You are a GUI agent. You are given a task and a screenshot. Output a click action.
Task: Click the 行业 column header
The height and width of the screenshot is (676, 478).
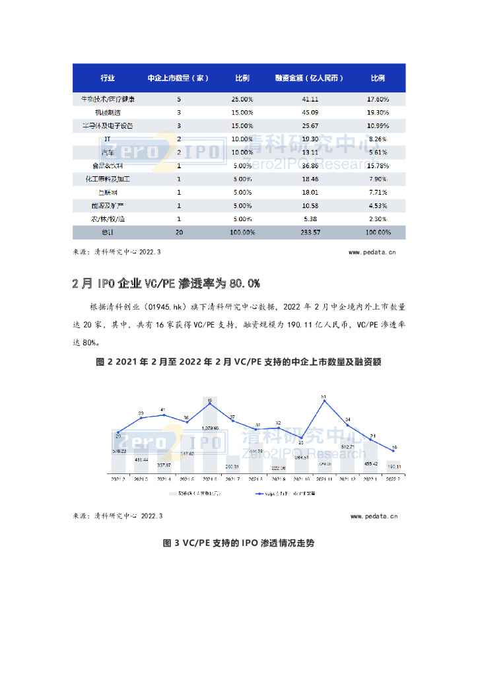click(108, 79)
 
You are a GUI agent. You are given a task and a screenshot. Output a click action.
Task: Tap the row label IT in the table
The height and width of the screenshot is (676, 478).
click(108, 139)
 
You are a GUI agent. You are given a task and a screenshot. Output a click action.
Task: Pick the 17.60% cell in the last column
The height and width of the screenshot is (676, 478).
click(377, 100)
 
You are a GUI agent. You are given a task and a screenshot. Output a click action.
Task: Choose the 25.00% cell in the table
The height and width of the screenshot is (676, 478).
click(242, 100)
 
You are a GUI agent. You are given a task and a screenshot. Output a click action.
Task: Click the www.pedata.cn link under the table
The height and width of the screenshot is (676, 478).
click(372, 252)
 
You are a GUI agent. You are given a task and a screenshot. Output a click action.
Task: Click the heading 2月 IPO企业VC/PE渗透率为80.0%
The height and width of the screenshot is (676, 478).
click(166, 283)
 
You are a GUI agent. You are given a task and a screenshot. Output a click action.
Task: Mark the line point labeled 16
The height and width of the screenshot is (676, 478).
click(393, 451)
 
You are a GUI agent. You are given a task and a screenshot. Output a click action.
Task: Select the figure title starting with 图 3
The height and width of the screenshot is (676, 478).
click(238, 543)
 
